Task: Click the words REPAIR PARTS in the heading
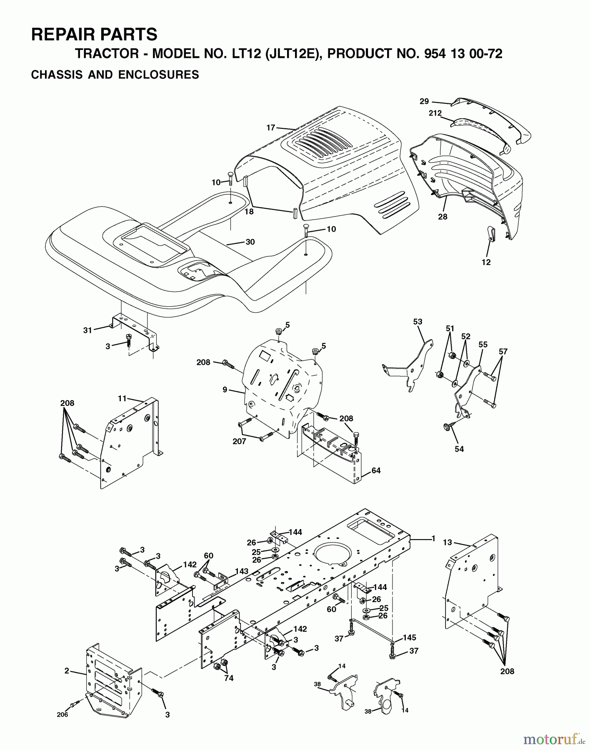click(94, 34)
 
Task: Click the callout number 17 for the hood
click(271, 127)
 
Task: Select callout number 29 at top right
click(424, 101)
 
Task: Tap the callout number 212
click(435, 113)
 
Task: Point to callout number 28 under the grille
click(442, 217)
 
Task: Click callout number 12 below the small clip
click(486, 262)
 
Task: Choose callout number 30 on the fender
click(250, 242)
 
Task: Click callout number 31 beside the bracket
click(87, 330)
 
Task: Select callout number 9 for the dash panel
click(225, 390)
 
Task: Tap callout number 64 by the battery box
click(376, 470)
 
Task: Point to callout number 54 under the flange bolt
click(459, 449)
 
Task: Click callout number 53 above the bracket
click(417, 322)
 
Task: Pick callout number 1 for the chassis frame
click(433, 539)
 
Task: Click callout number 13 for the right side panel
click(447, 542)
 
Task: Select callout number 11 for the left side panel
click(122, 399)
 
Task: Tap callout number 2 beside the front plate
click(67, 671)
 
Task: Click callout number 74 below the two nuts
click(228, 678)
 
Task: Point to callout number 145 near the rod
click(409, 638)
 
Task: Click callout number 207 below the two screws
click(239, 441)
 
